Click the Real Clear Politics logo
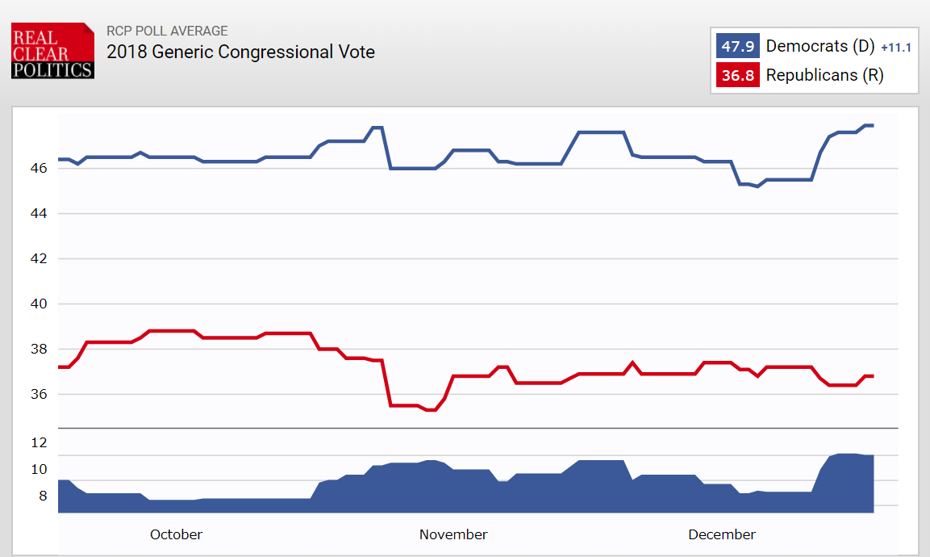(x=52, y=51)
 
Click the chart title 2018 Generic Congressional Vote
(x=240, y=52)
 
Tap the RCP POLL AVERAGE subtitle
(x=167, y=31)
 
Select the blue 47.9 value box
(x=737, y=46)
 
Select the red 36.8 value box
(x=737, y=76)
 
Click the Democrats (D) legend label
(x=819, y=46)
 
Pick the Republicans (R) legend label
(x=824, y=76)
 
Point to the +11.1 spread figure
(x=896, y=48)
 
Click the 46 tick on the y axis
(x=40, y=169)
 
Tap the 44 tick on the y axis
(x=40, y=214)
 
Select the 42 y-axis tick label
(x=40, y=259)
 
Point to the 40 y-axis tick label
(x=40, y=304)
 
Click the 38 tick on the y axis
(x=40, y=350)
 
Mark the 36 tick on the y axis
(x=40, y=395)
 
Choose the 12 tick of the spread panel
(x=40, y=443)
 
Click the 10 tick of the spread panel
(x=40, y=470)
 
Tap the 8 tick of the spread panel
(x=43, y=496)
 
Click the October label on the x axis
(x=176, y=534)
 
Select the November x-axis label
(x=453, y=534)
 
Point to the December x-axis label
(x=722, y=534)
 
